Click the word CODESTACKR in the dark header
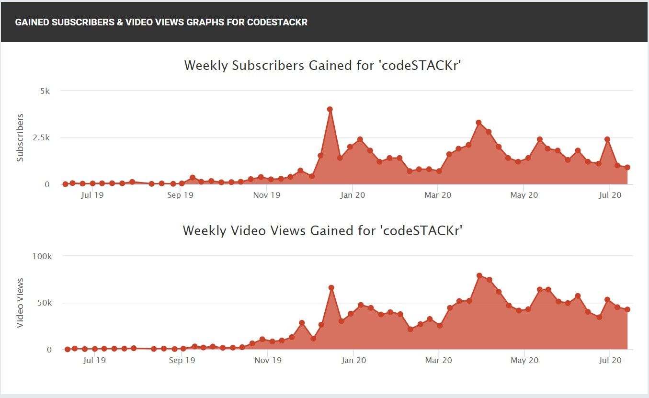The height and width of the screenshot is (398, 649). [x=277, y=23]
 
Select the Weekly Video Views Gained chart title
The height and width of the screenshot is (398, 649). [x=322, y=230]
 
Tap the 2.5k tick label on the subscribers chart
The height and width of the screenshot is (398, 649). [x=41, y=138]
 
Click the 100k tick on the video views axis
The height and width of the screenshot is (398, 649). [x=42, y=256]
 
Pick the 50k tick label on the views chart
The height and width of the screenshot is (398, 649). [x=44, y=303]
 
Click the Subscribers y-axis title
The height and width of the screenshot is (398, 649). [x=20, y=137]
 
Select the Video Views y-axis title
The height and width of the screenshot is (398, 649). [x=20, y=303]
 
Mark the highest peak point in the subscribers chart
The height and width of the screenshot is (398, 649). [x=330, y=109]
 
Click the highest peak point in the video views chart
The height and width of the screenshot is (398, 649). [x=479, y=275]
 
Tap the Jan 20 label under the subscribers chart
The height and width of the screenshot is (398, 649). [x=353, y=195]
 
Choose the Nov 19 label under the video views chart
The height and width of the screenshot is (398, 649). [x=268, y=360]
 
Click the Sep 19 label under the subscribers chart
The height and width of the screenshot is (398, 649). [x=181, y=195]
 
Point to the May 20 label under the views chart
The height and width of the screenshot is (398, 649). [x=524, y=360]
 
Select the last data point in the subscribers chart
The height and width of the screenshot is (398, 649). [x=627, y=168]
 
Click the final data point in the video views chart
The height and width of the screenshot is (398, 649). [x=627, y=309]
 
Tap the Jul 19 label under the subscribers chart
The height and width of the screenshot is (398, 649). [x=93, y=195]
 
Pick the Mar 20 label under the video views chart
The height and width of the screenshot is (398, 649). [x=439, y=360]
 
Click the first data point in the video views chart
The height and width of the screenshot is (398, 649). [x=68, y=349]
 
